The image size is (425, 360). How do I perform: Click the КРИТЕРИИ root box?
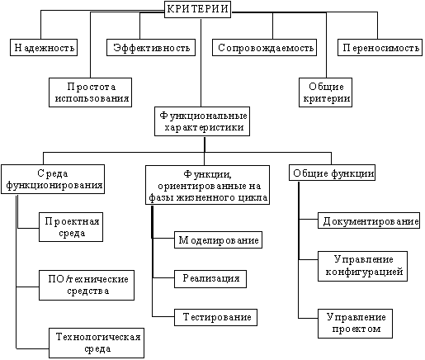[197, 9]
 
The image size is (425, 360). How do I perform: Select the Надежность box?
[44, 47]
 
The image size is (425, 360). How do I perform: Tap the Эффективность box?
[151, 47]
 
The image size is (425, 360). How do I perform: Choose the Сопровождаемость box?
[264, 47]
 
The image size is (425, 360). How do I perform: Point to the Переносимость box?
[380, 47]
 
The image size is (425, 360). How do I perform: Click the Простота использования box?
[90, 92]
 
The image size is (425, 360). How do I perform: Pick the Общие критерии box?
[325, 92]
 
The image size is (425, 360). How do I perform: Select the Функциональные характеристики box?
[202, 121]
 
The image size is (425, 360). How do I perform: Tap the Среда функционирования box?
[53, 179]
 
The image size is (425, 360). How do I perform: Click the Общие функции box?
[332, 173]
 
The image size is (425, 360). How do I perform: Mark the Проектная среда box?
[71, 227]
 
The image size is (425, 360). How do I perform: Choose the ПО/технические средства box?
[87, 285]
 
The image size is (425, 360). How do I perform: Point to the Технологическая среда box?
[97, 343]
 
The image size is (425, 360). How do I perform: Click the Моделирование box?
[218, 240]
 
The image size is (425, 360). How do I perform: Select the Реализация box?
[210, 279]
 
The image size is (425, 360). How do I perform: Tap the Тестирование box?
[215, 317]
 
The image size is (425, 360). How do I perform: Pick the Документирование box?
[369, 220]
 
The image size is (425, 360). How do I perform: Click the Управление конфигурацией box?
[362, 266]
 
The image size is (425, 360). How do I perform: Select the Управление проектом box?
[355, 324]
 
